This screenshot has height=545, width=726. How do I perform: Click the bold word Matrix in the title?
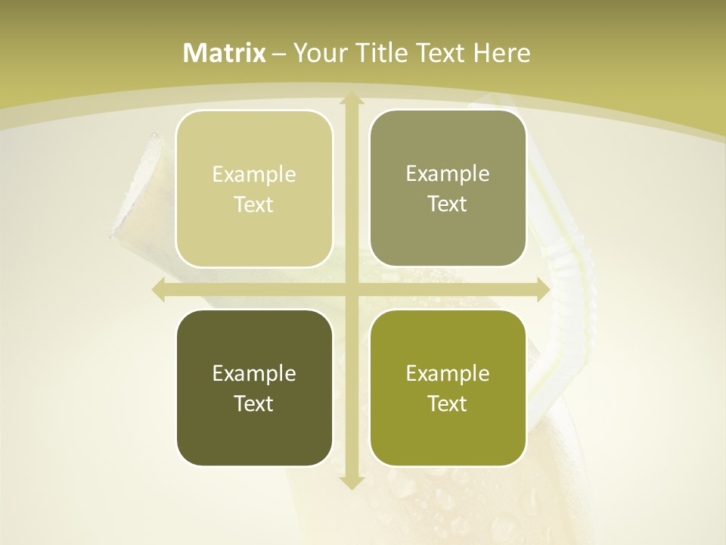click(x=225, y=53)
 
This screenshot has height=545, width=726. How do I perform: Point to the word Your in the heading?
click(x=318, y=53)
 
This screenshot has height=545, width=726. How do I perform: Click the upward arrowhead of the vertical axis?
click(x=351, y=98)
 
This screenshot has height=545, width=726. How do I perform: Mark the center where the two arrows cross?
click(x=351, y=290)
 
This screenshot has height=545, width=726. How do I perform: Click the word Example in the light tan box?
click(x=254, y=175)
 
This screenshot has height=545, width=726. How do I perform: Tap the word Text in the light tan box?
click(x=254, y=205)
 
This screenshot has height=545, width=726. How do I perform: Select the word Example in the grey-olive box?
click(x=448, y=174)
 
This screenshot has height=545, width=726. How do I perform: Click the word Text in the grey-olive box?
click(x=448, y=204)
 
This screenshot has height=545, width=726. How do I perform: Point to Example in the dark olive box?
click(x=254, y=374)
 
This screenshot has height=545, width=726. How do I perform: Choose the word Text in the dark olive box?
click(x=254, y=404)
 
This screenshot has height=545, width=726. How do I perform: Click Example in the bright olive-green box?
click(x=448, y=374)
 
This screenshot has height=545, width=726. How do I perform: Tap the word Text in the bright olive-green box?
click(x=448, y=404)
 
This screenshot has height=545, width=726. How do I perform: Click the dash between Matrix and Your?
click(x=279, y=54)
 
